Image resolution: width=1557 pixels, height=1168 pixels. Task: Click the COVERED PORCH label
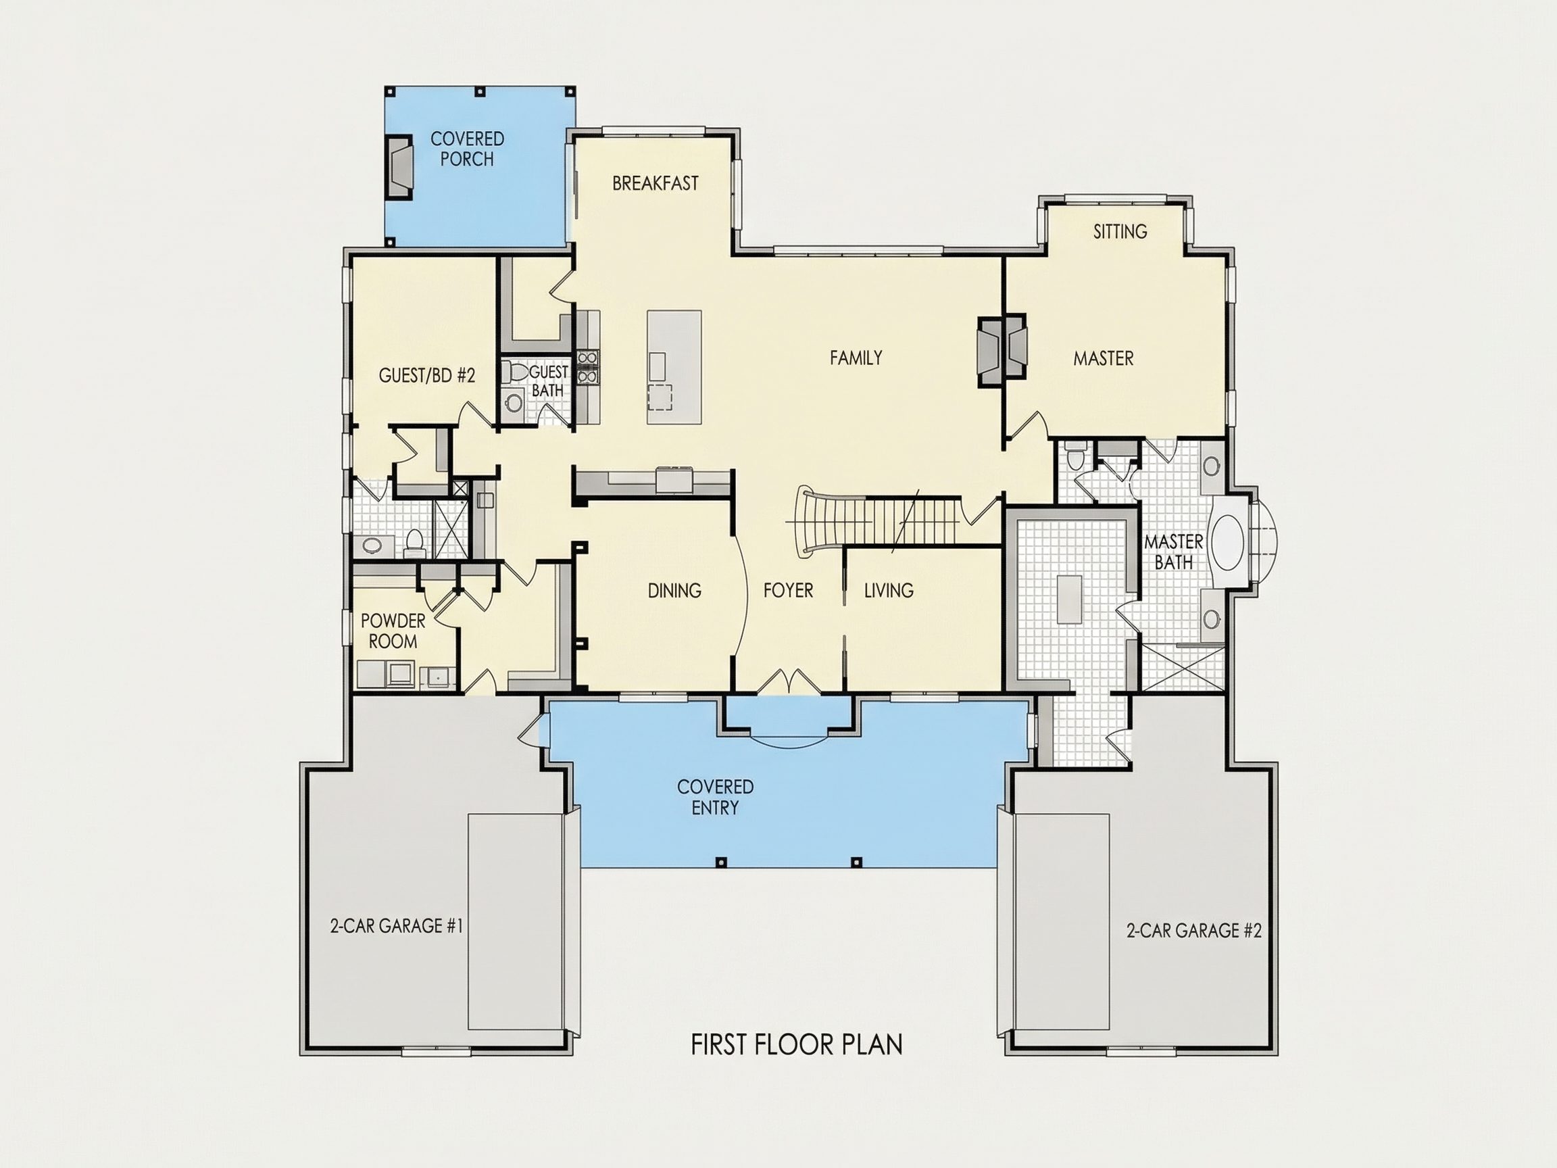point(467,149)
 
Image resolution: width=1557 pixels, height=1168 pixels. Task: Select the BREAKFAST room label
point(655,183)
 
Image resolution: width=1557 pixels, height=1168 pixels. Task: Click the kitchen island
point(674,367)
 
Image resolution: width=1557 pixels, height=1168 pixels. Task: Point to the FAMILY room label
point(856,358)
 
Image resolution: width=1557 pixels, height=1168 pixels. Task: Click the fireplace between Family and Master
point(1002,350)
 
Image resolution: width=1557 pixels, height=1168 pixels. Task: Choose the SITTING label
point(1120,231)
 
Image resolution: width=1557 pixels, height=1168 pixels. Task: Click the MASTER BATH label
point(1173,552)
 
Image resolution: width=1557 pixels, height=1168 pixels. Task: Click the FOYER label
point(789,590)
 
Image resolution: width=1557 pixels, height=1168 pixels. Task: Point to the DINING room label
point(674,590)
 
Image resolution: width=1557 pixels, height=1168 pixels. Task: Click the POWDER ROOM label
point(393,631)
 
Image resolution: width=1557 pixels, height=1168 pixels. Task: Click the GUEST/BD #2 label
point(426,375)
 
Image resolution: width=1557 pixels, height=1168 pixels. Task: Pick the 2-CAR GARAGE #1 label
point(396,926)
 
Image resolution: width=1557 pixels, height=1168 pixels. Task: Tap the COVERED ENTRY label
point(715,797)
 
